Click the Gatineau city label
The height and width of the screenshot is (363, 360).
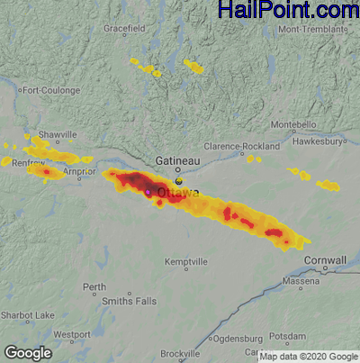click(x=177, y=159)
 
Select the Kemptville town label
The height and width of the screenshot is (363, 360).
click(x=186, y=261)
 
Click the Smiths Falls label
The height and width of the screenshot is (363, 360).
click(x=130, y=300)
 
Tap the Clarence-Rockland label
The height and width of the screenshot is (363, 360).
click(x=238, y=145)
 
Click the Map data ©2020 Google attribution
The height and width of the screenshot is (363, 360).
click(x=308, y=356)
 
